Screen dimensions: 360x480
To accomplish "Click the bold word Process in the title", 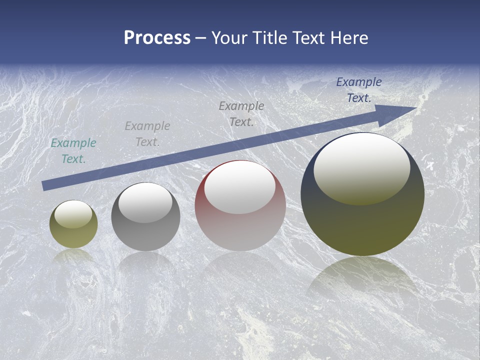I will pos(157,38).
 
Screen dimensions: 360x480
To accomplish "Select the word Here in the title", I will pos(349,38).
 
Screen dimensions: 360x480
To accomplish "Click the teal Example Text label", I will pos(73,151).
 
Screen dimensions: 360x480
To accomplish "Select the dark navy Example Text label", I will pos(359,90).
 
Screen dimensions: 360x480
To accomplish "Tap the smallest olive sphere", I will pos(73,235).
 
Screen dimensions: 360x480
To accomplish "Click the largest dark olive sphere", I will pos(362,225).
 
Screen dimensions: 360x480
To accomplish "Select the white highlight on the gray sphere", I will pos(145,202).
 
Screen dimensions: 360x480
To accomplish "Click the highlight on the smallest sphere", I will pos(73,214).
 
